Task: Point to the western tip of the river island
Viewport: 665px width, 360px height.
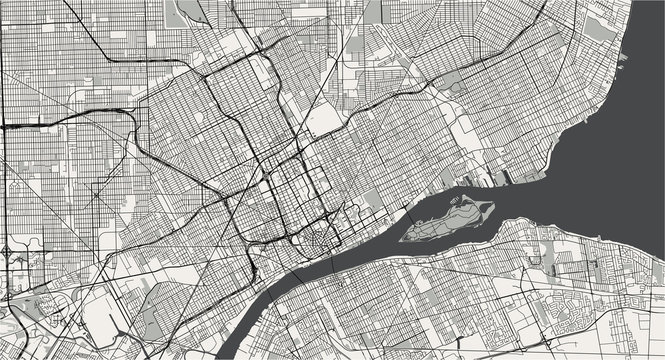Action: pos(402,238)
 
